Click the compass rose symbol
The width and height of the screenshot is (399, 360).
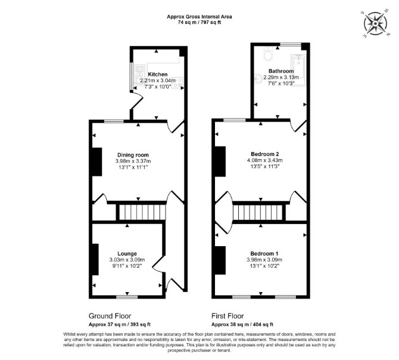375,24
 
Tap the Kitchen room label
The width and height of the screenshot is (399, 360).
158,75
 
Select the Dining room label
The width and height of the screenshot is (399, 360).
133,155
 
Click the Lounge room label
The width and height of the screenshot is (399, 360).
127,253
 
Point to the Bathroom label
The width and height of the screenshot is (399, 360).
281,71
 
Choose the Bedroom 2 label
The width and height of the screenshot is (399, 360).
265,154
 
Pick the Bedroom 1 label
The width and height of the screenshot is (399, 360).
264,253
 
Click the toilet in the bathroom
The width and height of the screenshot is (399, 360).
269,54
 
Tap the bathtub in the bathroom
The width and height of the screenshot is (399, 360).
298,67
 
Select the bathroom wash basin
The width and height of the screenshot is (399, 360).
259,79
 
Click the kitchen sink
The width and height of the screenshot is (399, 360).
139,75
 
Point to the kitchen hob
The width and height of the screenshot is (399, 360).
177,82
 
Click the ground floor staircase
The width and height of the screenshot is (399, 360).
142,212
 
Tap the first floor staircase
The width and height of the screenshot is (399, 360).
258,212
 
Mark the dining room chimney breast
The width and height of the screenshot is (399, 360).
97,162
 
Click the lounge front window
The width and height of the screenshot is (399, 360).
127,297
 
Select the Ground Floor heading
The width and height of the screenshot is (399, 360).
110,316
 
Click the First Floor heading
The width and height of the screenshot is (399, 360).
227,316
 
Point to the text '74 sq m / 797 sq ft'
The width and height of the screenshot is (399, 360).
199,22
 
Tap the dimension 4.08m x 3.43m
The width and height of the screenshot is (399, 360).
265,160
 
